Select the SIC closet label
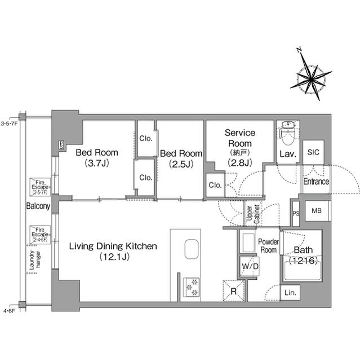(313, 151)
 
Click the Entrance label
(316, 182)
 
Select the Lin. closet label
(291, 293)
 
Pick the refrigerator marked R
(233, 290)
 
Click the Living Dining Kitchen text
(113, 252)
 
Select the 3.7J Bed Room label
(97, 159)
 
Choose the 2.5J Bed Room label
(181, 159)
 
